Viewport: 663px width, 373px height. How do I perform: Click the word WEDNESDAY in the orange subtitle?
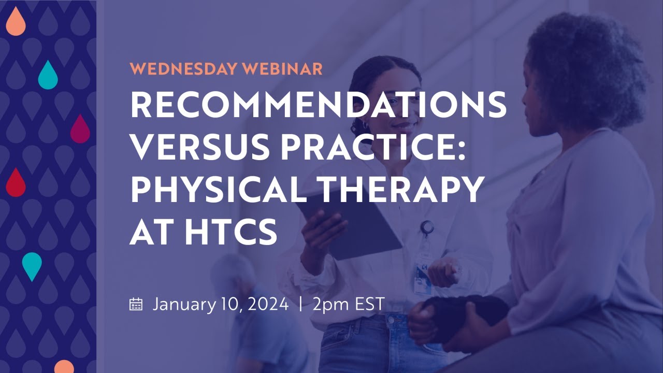183,69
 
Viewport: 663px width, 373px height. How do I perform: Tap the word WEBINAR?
283,69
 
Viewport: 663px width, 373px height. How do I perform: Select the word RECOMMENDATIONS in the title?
319,105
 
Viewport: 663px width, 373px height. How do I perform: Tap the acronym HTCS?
232,231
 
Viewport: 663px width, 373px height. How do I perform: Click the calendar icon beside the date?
136,304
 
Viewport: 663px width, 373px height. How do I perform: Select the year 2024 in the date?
268,304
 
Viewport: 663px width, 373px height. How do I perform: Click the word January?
184,305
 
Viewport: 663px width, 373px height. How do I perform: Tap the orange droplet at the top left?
16,22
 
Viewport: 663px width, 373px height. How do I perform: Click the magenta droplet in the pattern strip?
80,130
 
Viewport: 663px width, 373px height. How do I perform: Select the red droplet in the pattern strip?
16,183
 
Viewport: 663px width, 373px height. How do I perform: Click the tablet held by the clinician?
349,225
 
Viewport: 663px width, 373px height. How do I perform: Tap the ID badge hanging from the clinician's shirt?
422,272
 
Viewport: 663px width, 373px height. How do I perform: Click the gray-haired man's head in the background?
234,272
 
